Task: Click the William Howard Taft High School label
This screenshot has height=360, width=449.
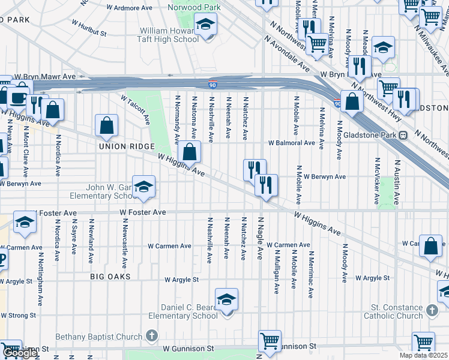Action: [169, 35]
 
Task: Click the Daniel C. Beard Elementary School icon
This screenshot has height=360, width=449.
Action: [226, 299]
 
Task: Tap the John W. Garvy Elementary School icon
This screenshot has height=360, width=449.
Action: [144, 187]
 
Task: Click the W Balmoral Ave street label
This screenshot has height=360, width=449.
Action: [291, 143]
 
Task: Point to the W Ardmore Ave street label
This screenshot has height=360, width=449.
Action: [130, 8]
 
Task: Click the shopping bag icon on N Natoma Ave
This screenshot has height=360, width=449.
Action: [189, 152]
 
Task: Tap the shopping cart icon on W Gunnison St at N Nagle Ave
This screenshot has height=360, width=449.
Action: [270, 341]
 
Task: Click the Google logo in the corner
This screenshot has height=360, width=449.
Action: [20, 353]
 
